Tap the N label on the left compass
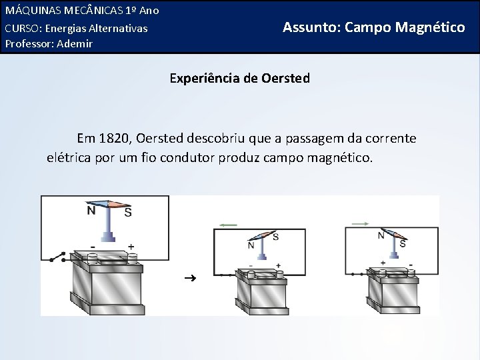click(90, 211)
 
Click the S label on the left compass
click(127, 212)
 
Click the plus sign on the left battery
click(131, 246)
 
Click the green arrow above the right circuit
click(361, 223)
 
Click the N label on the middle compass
click(251, 245)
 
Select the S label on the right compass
click(403, 244)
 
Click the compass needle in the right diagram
click(392, 234)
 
